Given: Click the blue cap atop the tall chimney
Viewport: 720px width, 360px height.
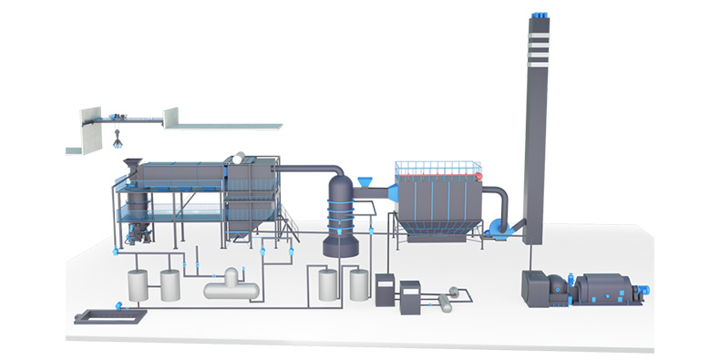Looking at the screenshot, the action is pos(539,14).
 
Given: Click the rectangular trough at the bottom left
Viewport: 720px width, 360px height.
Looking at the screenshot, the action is pos(112,316).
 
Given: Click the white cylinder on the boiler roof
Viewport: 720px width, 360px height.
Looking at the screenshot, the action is pos(241,157).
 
